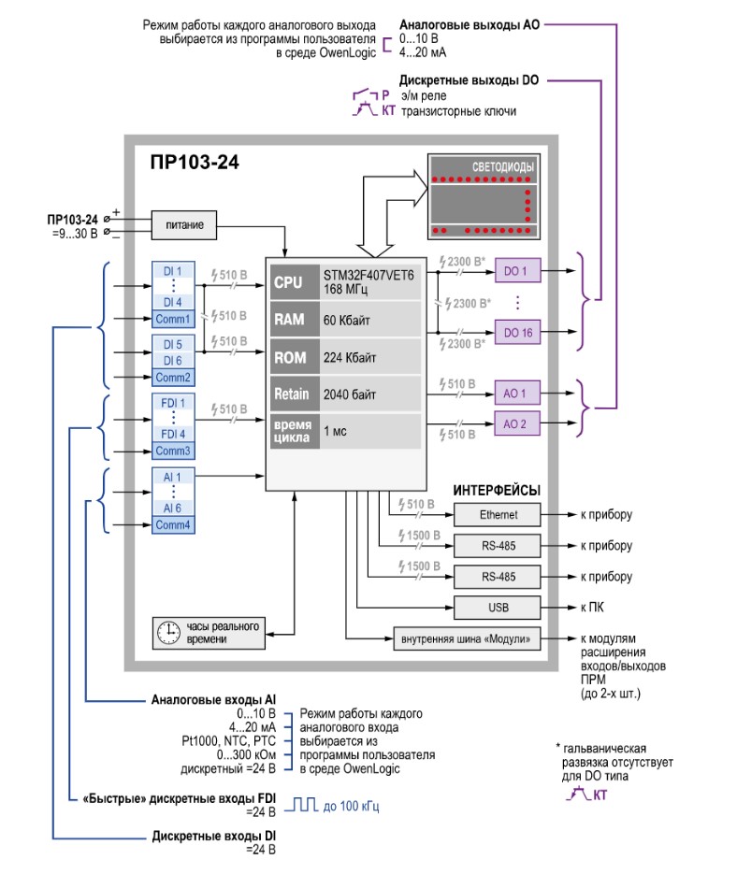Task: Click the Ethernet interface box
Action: pyautogui.click(x=497, y=515)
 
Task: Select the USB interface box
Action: pyautogui.click(x=497, y=606)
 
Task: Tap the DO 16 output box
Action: pyautogui.click(x=516, y=332)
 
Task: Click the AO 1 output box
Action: pyautogui.click(x=516, y=394)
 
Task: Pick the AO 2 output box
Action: pyautogui.click(x=516, y=423)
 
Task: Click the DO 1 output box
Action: pyautogui.click(x=516, y=271)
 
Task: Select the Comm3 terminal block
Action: pyautogui.click(x=173, y=451)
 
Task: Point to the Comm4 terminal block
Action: pyautogui.click(x=173, y=525)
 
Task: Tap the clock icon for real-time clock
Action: pyautogui.click(x=168, y=632)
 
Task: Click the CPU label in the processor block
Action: pyautogui.click(x=288, y=282)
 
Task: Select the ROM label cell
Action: pyautogui.click(x=290, y=357)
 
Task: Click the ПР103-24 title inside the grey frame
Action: pyautogui.click(x=194, y=162)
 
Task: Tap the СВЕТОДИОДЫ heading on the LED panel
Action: pyautogui.click(x=504, y=167)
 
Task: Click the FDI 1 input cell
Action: pyautogui.click(x=173, y=402)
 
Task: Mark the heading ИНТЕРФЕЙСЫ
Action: pyautogui.click(x=497, y=490)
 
